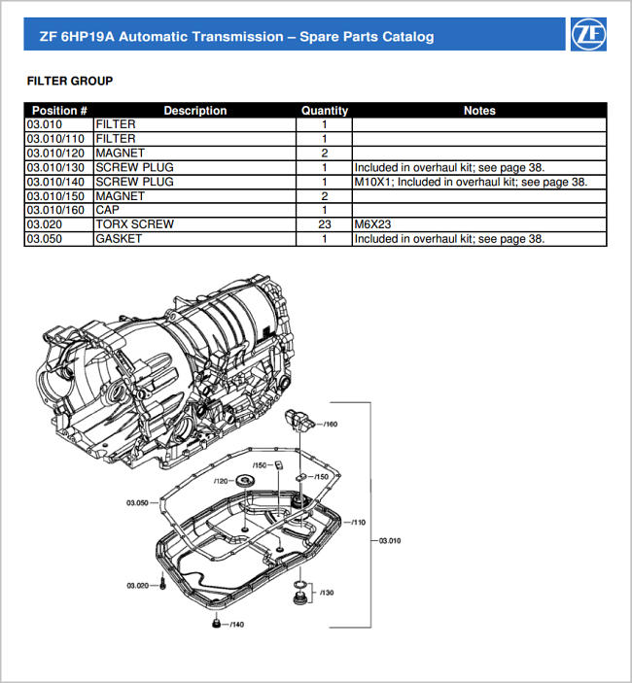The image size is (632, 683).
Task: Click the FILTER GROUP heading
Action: pyautogui.click(x=69, y=81)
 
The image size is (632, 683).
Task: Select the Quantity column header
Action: pyautogui.click(x=324, y=111)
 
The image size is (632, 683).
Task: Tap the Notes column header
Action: pyautogui.click(x=479, y=111)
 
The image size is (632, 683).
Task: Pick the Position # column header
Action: pyautogui.click(x=59, y=111)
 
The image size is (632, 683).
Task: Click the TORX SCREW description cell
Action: pyautogui.click(x=135, y=224)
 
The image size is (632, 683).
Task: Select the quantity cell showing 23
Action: pyautogui.click(x=324, y=224)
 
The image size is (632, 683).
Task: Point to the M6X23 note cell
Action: pyautogui.click(x=372, y=224)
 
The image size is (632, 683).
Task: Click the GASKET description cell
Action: pyautogui.click(x=119, y=239)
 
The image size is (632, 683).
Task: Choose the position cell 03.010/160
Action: pyautogui.click(x=57, y=210)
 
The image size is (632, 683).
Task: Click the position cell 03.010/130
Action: pyautogui.click(x=57, y=167)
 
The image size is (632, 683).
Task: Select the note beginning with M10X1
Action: pyautogui.click(x=471, y=182)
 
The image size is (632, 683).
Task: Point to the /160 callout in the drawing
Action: pyautogui.click(x=330, y=425)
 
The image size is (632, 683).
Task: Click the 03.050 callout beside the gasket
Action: pyautogui.click(x=136, y=502)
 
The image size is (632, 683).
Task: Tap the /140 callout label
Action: pyautogui.click(x=235, y=624)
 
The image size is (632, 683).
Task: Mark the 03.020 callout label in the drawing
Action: pyautogui.click(x=136, y=586)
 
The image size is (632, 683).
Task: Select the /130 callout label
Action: pyautogui.click(x=326, y=592)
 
